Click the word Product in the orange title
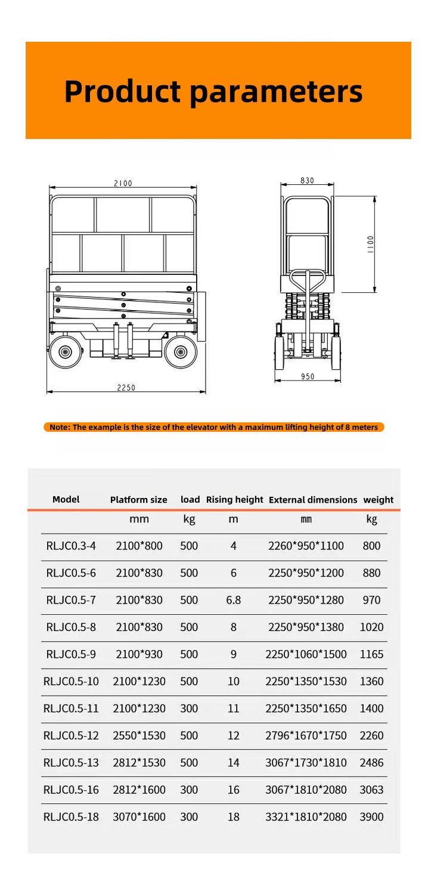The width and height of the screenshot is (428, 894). coord(122,91)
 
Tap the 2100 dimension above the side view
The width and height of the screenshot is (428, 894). coord(123,183)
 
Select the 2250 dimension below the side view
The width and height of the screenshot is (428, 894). coord(126,387)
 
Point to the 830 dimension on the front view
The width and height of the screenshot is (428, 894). coord(307,181)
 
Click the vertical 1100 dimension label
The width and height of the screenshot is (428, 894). coord(370,244)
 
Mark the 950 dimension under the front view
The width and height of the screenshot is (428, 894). coord(308,376)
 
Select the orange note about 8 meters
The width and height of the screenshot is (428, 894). coord(213,427)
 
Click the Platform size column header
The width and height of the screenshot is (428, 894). coord(138,500)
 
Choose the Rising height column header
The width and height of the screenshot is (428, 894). coord(234,500)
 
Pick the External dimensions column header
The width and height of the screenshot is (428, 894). coord(313,500)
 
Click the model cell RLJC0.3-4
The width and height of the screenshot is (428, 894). coord(71,546)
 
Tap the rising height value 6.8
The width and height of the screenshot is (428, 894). coord(233,600)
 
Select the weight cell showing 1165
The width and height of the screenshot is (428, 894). coord(371,654)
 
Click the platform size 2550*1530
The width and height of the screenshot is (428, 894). coord(139,735)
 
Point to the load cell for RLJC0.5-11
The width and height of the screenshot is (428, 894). coord(189,709)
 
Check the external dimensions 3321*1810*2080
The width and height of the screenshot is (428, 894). coord(306,816)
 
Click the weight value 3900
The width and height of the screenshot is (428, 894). coord(371,816)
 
